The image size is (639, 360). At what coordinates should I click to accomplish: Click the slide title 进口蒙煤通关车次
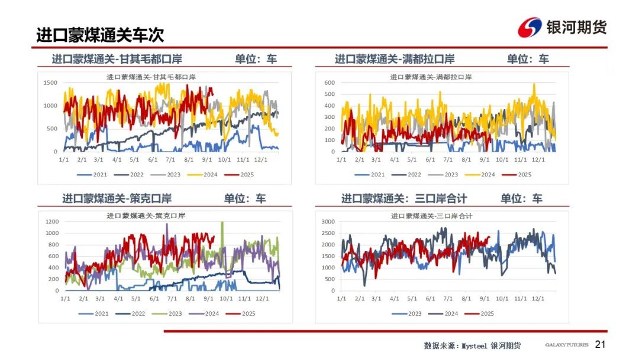coord(100,35)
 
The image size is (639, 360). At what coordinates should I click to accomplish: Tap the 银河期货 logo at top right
coord(562,27)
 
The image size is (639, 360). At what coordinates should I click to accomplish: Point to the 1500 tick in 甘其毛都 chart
coord(50,82)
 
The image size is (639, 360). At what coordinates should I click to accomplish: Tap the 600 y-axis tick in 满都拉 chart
coord(329,82)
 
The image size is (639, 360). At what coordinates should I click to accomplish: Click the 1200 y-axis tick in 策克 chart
coord(51,221)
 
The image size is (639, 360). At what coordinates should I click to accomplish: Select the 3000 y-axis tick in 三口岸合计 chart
coord(328,221)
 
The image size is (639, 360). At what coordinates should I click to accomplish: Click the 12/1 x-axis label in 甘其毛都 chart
coord(260,159)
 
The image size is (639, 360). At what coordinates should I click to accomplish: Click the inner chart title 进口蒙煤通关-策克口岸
coord(153,216)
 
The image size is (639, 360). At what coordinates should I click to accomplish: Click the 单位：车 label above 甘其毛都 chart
coord(256,59)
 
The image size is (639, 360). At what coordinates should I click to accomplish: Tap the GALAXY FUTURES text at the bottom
coord(566,345)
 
